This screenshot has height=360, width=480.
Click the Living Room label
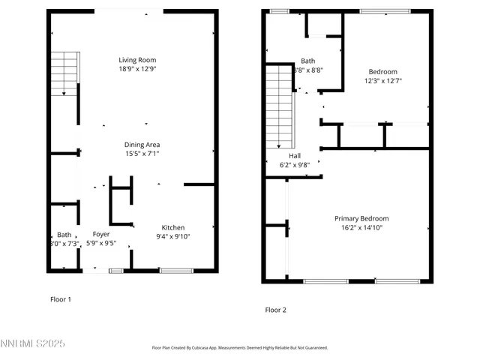(x=137, y=60)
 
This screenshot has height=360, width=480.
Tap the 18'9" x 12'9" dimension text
(x=137, y=69)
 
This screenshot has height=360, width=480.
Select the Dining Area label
(x=142, y=145)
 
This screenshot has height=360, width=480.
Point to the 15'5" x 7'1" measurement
(x=142, y=154)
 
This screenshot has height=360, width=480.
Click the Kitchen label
(x=173, y=228)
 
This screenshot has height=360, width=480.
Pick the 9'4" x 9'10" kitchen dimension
(x=173, y=237)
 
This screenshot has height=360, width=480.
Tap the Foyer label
(x=101, y=234)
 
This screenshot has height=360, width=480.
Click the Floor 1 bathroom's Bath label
(x=64, y=234)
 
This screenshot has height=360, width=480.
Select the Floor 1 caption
(x=60, y=299)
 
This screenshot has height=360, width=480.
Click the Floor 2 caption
(x=275, y=310)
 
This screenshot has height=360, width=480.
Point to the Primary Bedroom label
(x=361, y=219)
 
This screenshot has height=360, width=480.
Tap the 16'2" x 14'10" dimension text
(x=361, y=228)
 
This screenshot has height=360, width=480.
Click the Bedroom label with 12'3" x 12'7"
(x=383, y=72)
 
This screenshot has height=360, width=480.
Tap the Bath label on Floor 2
(x=307, y=61)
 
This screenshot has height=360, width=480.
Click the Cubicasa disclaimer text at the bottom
(x=240, y=348)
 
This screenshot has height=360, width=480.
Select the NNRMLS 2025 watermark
(x=33, y=343)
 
